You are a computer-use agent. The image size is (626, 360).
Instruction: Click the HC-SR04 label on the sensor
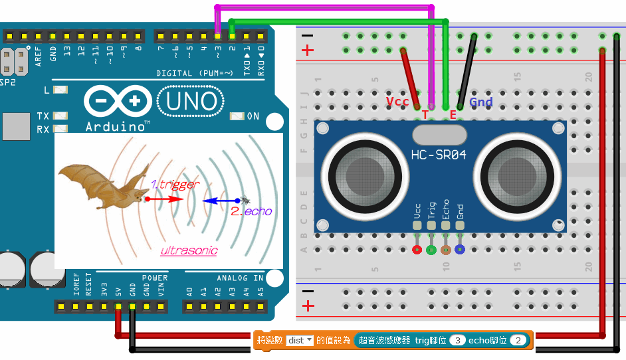438,155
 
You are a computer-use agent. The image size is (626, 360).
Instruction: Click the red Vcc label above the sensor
397,102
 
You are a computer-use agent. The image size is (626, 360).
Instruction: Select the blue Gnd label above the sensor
481,102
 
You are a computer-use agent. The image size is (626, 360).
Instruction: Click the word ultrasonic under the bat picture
189,251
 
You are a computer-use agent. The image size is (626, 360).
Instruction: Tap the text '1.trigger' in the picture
174,185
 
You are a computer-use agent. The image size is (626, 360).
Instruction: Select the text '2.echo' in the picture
251,211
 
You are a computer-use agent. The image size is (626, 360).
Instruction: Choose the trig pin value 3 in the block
457,340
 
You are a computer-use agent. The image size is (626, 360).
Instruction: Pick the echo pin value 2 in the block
519,340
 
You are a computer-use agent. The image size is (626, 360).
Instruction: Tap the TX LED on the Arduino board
62,116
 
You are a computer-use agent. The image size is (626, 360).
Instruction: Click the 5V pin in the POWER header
118,307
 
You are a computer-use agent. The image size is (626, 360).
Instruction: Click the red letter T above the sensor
425,115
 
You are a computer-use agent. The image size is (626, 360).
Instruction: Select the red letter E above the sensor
453,115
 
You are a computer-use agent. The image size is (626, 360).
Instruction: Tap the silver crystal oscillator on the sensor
439,135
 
